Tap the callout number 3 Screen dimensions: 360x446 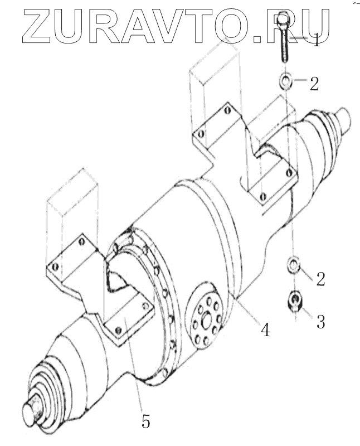(x=320, y=322)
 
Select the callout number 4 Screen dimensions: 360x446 (x=265, y=330)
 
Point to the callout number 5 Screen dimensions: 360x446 (x=145, y=421)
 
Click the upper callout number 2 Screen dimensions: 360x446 (x=314, y=84)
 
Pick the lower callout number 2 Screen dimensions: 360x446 (x=320, y=278)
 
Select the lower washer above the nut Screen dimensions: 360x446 (x=293, y=265)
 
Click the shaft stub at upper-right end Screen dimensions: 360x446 (x=343, y=118)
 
